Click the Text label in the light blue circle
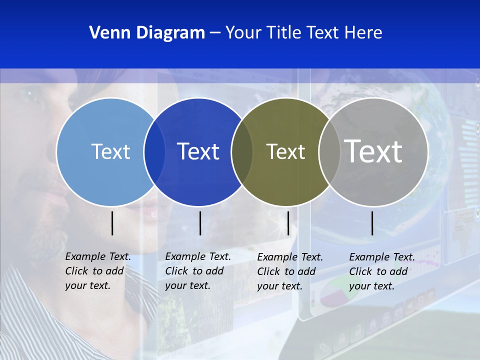[110, 151]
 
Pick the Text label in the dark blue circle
[198, 151]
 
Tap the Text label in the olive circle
[285, 151]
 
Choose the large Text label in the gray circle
[373, 151]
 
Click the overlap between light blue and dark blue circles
[154, 151]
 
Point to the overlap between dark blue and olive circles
[242, 151]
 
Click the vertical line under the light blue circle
[112, 223]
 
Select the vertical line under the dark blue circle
[200, 223]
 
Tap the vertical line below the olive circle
[288, 223]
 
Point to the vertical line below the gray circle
[372, 223]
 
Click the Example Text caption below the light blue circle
[98, 271]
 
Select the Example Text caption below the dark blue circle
[198, 271]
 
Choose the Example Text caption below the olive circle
[290, 271]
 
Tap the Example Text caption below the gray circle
[382, 271]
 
